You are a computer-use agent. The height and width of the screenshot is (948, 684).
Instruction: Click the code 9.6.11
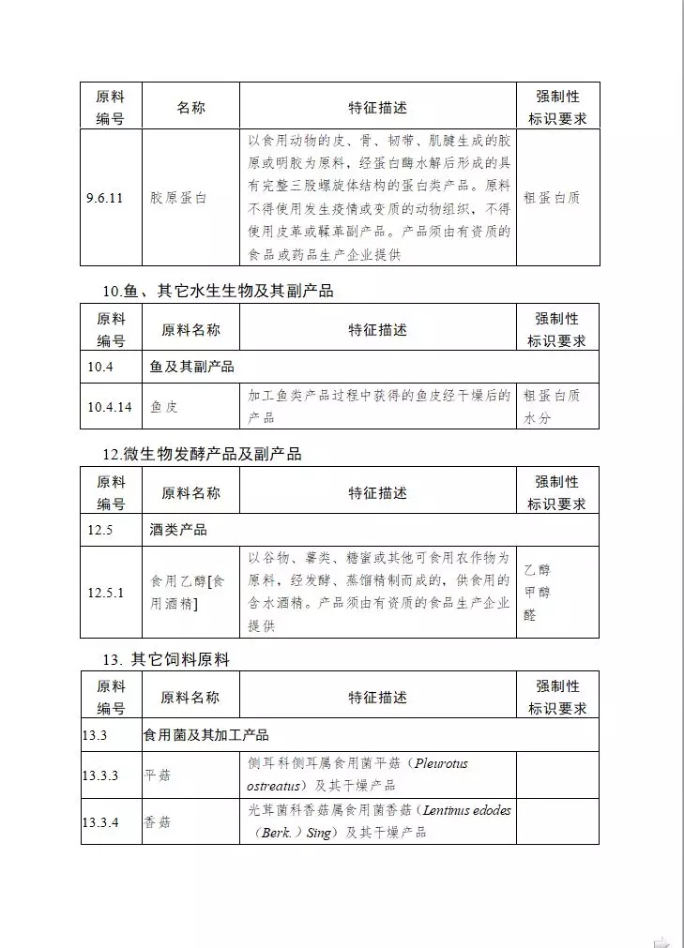click(104, 198)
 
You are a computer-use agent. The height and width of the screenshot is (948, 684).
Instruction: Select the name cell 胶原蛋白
click(178, 198)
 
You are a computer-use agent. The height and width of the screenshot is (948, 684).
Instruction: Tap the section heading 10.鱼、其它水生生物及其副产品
click(218, 291)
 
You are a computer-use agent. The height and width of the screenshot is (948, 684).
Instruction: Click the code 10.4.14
click(109, 407)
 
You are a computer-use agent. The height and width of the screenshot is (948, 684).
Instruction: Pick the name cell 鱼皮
click(164, 407)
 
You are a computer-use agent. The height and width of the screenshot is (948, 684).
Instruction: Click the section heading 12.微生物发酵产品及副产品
click(202, 454)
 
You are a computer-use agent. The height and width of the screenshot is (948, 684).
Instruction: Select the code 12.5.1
click(105, 593)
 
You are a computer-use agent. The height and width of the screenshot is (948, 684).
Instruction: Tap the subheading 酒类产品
click(178, 530)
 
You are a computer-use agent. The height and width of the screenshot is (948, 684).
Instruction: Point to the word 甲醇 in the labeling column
click(538, 592)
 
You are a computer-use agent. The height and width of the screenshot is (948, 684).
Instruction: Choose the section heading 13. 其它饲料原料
click(166, 659)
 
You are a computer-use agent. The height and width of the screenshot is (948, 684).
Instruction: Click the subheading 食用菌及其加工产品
click(205, 734)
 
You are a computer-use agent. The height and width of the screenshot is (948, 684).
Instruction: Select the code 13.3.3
click(100, 775)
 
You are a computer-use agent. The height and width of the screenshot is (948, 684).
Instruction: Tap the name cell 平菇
click(158, 775)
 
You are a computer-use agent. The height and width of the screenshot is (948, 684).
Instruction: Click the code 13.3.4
click(100, 822)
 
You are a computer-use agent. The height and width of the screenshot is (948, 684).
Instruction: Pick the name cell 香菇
click(158, 822)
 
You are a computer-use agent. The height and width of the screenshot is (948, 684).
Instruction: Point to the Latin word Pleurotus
click(435, 764)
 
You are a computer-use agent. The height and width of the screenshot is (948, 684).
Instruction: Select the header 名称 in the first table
click(190, 108)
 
